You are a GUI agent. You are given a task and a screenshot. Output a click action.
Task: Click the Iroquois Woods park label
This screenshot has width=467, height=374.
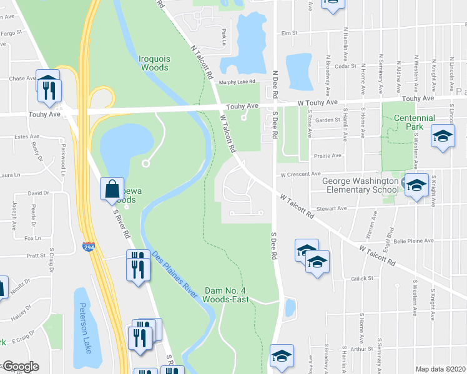tap(154, 63)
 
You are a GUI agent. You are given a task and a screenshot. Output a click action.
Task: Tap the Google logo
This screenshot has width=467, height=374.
tap(20, 367)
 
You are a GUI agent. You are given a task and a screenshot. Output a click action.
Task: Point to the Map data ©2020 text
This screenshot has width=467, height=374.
tap(440, 369)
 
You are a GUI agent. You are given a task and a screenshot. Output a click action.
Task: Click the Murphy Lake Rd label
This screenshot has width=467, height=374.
tap(238, 82)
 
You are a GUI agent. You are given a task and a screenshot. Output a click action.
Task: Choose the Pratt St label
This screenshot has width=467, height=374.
tap(34, 256)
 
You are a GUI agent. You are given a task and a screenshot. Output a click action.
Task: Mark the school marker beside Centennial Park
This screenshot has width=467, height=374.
tap(443, 137)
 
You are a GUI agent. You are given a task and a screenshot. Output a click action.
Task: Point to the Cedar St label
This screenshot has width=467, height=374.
tap(345, 66)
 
